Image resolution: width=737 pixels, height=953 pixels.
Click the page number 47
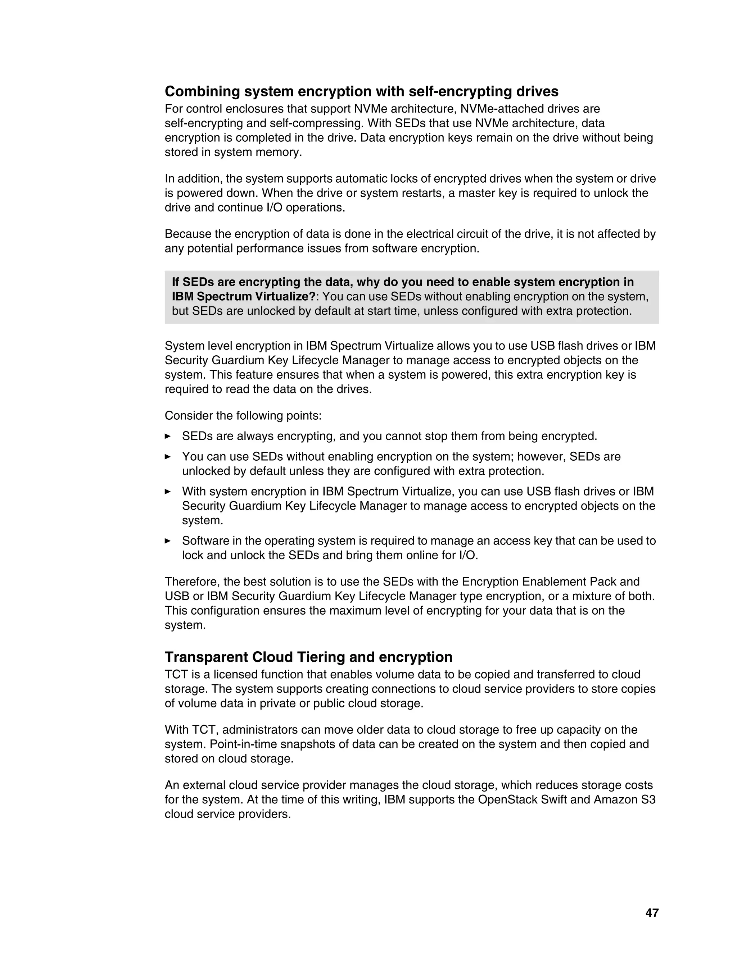(x=651, y=912)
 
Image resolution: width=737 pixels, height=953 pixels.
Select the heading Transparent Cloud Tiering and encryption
(x=308, y=657)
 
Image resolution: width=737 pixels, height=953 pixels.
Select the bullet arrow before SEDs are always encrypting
(x=168, y=436)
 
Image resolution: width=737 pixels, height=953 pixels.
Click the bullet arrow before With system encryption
(x=168, y=491)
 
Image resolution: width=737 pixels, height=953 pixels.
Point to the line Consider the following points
(x=243, y=415)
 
